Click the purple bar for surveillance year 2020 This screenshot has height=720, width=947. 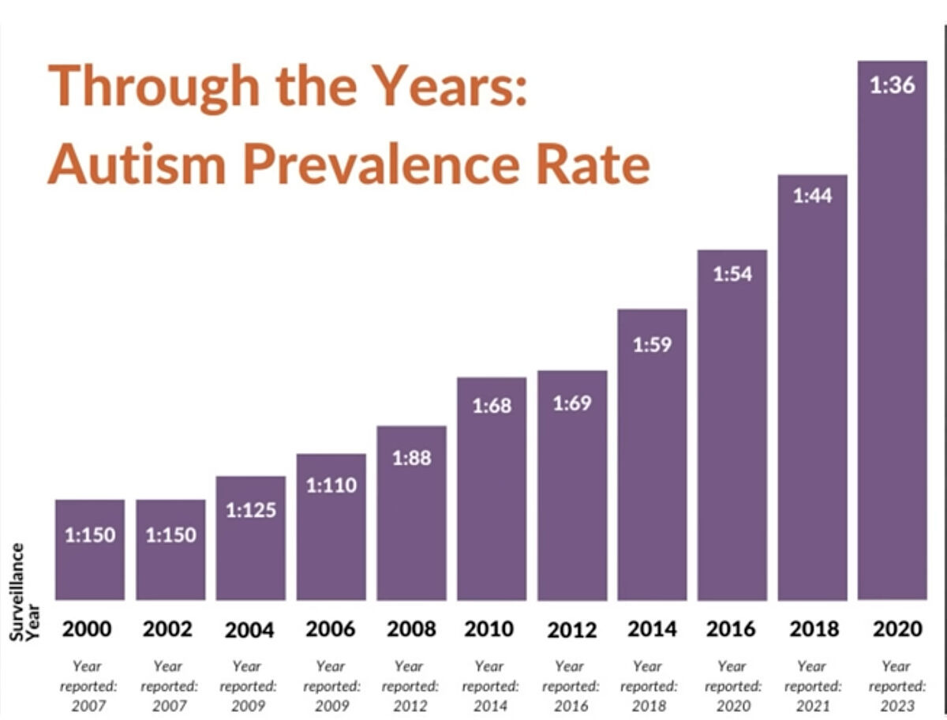892,332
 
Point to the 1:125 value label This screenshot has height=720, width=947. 251,510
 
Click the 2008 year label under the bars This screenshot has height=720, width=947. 411,629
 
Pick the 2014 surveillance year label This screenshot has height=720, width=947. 652,629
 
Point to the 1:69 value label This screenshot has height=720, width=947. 572,403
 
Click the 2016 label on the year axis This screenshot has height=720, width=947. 732,629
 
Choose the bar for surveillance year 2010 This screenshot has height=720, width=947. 492,489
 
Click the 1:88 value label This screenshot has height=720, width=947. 411,457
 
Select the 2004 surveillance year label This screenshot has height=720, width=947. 249,630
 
